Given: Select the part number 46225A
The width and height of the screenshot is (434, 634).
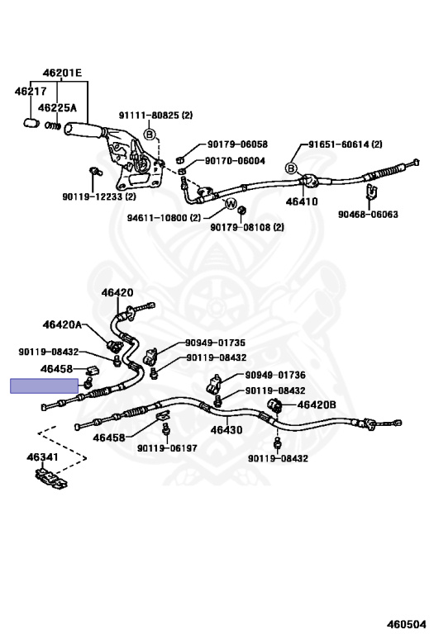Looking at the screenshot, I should click(60, 107).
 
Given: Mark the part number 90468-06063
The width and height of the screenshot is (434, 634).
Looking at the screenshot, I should click(368, 215).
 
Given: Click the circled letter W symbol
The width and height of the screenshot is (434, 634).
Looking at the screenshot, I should click(231, 204).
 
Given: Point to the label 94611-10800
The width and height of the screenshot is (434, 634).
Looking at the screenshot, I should click(164, 218).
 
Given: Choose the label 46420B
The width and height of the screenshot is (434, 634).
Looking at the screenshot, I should click(317, 405).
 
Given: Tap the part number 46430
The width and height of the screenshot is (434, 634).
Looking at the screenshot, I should click(226, 429).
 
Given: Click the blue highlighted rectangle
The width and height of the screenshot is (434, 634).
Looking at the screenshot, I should click(44, 386).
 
